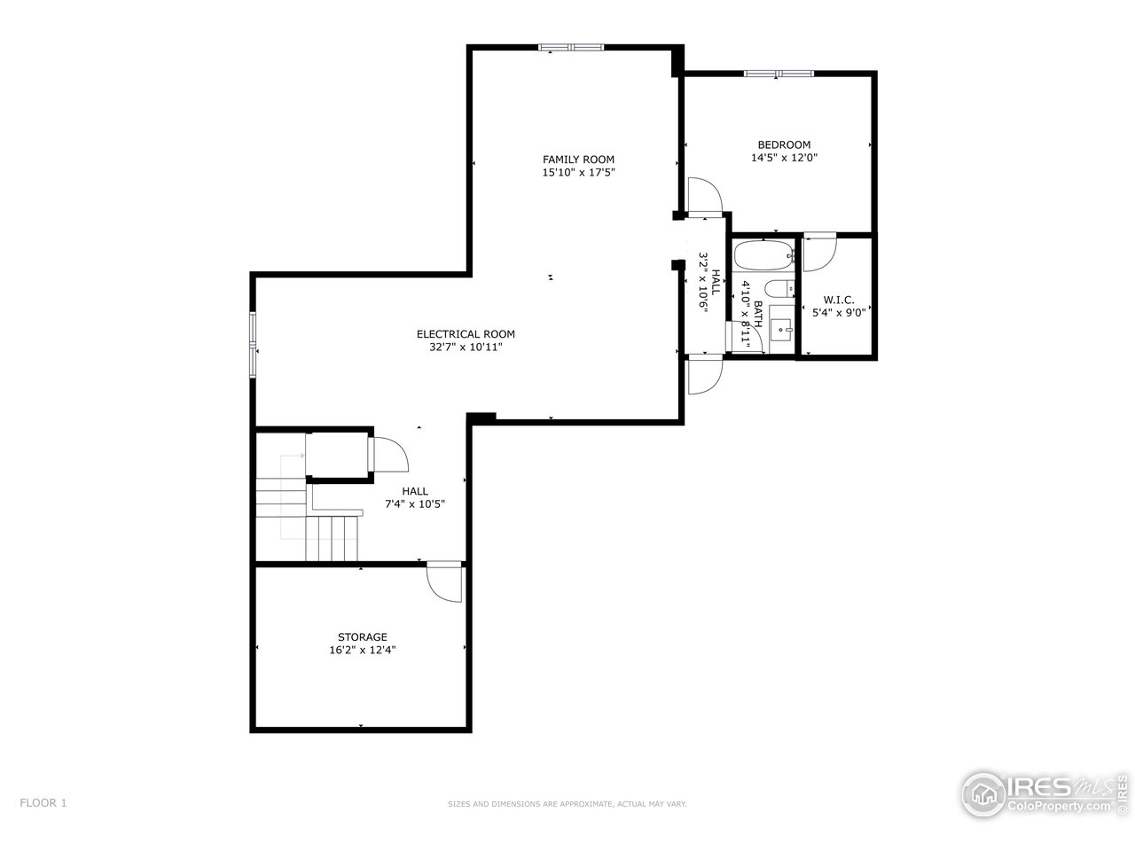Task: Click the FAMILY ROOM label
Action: [578, 160]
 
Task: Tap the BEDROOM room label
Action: [783, 144]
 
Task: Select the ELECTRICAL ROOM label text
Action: [466, 334]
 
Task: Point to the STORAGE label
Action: [362, 636]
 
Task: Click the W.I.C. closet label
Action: [838, 300]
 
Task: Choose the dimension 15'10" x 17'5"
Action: [578, 173]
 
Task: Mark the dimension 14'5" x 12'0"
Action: [783, 158]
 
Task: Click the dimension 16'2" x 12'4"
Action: [362, 650]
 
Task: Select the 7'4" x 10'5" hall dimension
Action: [414, 504]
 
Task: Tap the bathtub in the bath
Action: [763, 256]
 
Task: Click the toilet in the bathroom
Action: [780, 289]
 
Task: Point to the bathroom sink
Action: [781, 329]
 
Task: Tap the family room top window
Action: [572, 47]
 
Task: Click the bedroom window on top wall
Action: [779, 73]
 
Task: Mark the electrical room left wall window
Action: [253, 345]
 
